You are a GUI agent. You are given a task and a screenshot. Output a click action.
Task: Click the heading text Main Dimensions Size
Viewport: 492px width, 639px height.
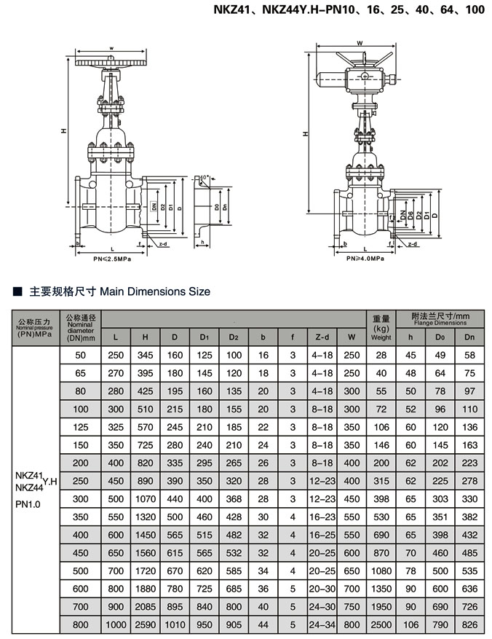pos(154,291)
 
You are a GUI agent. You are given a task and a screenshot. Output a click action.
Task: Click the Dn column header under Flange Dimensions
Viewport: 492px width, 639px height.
pos(469,337)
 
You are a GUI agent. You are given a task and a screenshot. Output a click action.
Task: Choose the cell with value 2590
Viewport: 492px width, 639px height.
pos(146,624)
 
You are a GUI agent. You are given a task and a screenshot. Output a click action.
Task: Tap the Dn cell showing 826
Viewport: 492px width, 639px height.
pos(469,624)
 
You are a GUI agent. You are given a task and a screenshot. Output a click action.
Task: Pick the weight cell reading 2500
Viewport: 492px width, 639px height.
pos(381,624)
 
